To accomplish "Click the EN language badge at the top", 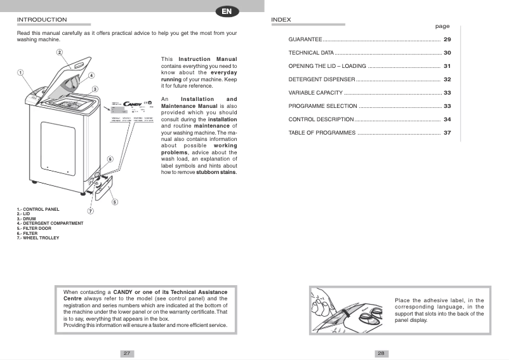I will (x=227, y=11).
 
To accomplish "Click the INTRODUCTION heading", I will (x=42, y=20).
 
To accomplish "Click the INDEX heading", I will (x=281, y=20).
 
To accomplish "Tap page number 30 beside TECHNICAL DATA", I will (x=447, y=53).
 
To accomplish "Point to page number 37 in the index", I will (x=447, y=133).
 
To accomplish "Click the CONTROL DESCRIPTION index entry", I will (x=321, y=119).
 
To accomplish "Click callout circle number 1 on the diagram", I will (x=20, y=72).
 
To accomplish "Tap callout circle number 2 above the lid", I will (x=59, y=52).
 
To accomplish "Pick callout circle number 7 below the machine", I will (x=91, y=211).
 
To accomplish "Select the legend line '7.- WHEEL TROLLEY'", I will (x=38, y=237).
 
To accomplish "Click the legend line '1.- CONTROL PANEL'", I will (x=38, y=209).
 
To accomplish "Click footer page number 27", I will (x=127, y=353).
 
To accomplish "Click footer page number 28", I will (x=381, y=353).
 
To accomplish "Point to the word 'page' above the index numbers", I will (x=442, y=27).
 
